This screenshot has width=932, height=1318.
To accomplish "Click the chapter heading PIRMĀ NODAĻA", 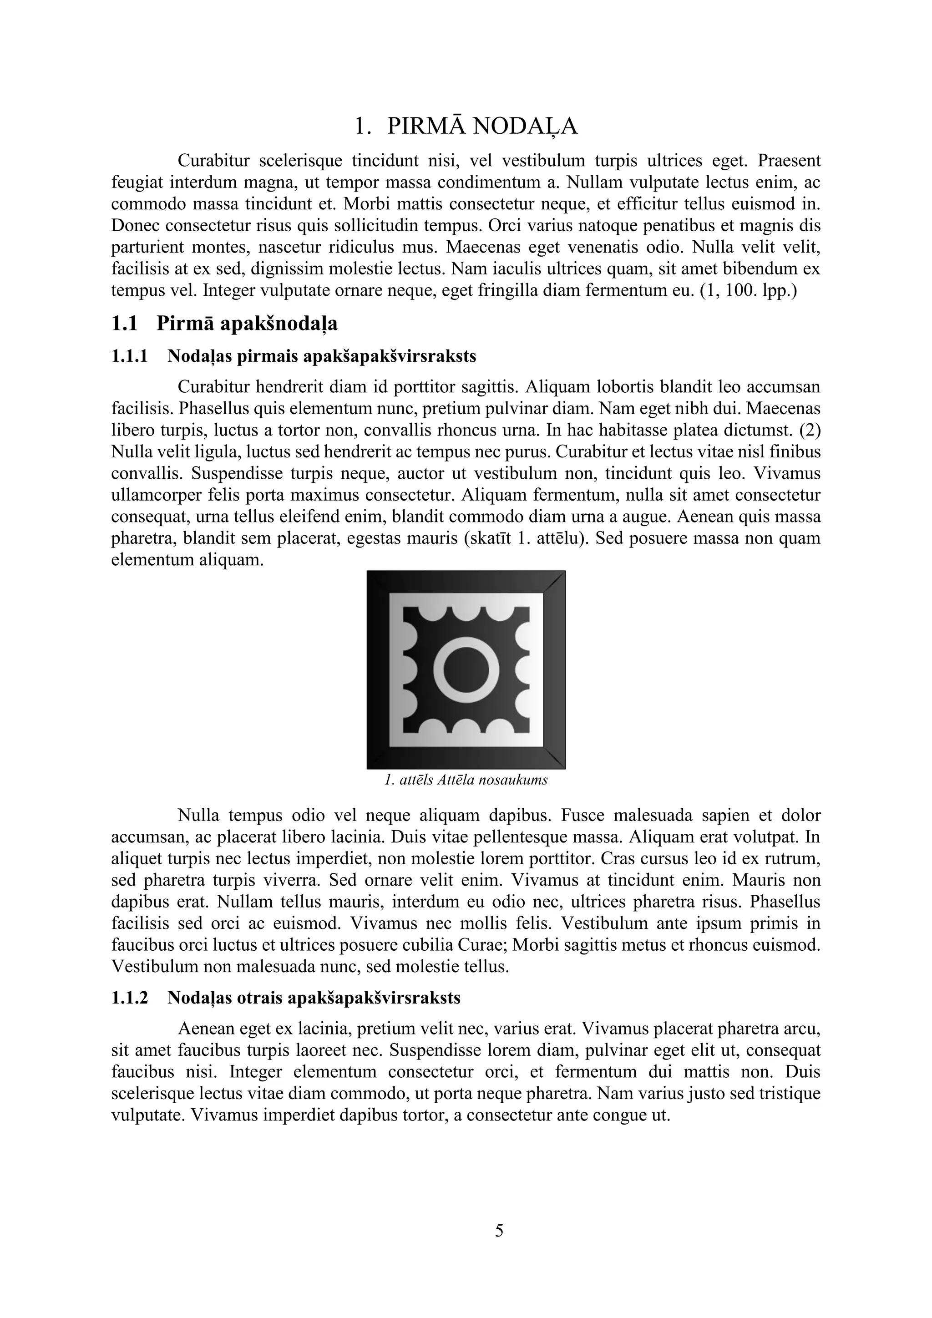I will pos(482,126).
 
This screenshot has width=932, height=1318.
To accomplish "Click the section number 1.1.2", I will pos(129,998).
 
